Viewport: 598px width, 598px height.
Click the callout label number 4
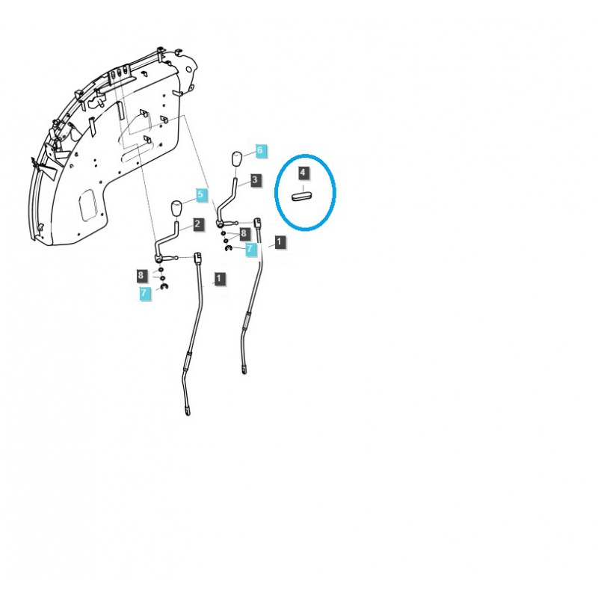(303, 173)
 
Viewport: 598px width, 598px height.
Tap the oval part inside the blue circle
(302, 197)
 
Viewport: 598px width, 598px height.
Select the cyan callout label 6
(259, 150)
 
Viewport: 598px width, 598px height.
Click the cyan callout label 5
(200, 194)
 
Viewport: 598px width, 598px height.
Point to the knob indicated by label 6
(236, 159)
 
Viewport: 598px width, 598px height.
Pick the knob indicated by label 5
(176, 209)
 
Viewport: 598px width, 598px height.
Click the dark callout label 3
(255, 180)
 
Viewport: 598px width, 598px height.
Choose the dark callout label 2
(197, 224)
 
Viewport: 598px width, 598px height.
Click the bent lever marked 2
(167, 244)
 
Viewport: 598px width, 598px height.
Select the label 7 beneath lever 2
(144, 293)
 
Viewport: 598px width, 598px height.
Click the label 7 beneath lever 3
(250, 249)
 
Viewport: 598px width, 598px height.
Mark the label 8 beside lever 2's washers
(141, 275)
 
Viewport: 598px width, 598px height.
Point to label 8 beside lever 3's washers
(244, 233)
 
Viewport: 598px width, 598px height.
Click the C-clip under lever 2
(164, 286)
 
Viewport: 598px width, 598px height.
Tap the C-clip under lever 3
(228, 249)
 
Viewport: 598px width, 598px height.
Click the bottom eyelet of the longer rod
(188, 412)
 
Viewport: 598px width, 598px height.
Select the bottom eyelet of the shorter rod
(244, 370)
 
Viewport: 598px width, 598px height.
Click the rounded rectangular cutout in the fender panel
(88, 205)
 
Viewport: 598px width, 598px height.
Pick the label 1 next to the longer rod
(218, 278)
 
